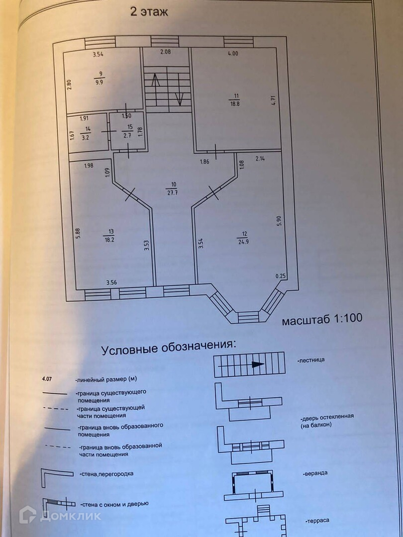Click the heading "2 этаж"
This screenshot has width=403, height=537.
[x=149, y=12]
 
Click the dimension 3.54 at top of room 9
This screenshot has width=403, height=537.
[x=101, y=54]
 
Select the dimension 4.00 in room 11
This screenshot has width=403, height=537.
[x=232, y=54]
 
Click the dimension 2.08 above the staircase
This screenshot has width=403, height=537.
[x=166, y=52]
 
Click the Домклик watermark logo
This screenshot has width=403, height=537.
[x=60, y=515]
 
